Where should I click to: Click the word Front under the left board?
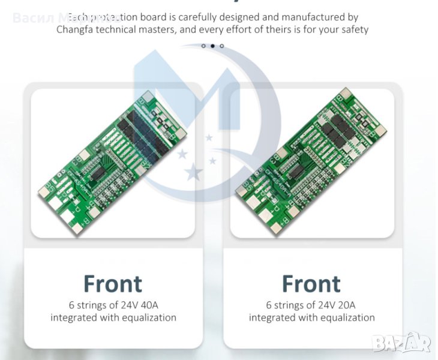tap(113, 284)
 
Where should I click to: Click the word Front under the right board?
tap(311, 284)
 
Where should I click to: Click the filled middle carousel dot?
tap(212, 46)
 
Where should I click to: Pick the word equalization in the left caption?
tap(147, 317)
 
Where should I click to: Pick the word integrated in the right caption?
tap(278, 317)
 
